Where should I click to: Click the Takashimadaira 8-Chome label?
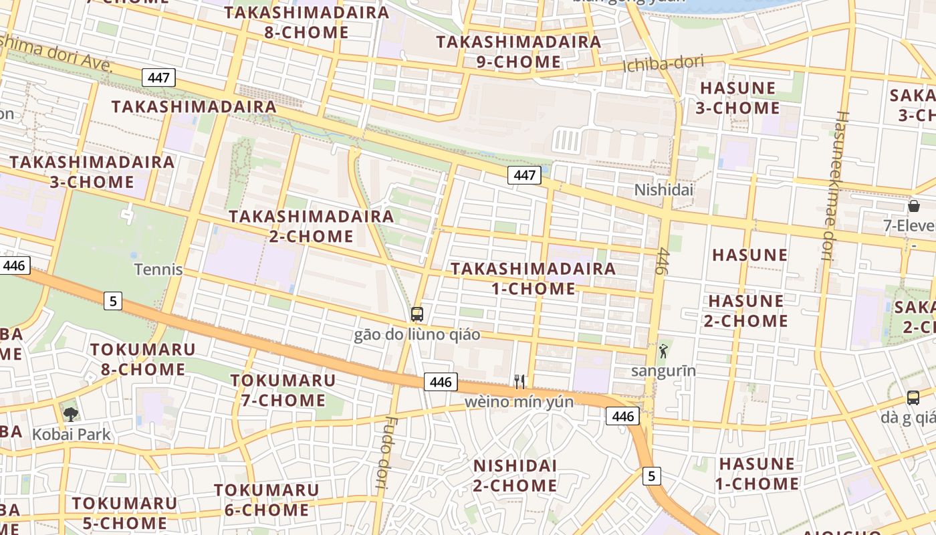pyautogui.click(x=307, y=22)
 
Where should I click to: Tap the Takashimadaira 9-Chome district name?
pyautogui.click(x=519, y=51)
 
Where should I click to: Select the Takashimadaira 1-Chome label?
pyautogui.click(x=534, y=278)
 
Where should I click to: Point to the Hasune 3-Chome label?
pyautogui.click(x=737, y=98)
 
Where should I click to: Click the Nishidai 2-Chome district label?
pyautogui.click(x=515, y=475)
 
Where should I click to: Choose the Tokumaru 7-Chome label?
pyautogui.click(x=283, y=391)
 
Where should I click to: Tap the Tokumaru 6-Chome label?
pyautogui.click(x=266, y=500)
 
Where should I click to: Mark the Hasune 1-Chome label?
pyautogui.click(x=758, y=473)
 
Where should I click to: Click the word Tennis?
pyautogui.click(x=158, y=270)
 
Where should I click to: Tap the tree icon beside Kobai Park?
pyautogui.click(x=70, y=415)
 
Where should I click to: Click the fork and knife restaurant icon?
pyautogui.click(x=519, y=382)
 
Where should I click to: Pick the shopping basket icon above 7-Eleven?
pyautogui.click(x=913, y=206)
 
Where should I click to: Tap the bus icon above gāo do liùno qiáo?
pyautogui.click(x=417, y=314)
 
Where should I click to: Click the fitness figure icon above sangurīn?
pyautogui.click(x=663, y=351)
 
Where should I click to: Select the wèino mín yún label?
pyautogui.click(x=519, y=402)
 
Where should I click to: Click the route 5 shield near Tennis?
pyautogui.click(x=113, y=301)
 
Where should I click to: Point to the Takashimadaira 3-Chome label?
pyautogui.click(x=92, y=172)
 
